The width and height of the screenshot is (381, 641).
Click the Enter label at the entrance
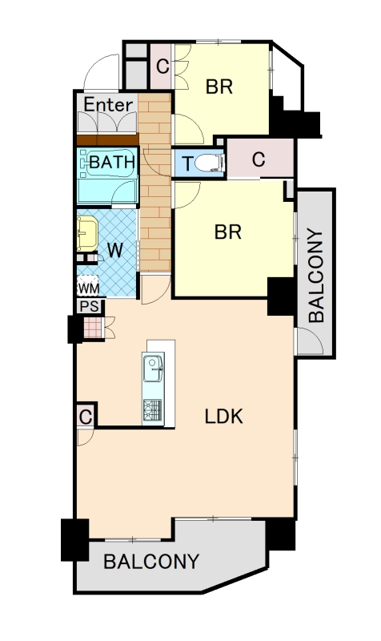tap(108, 105)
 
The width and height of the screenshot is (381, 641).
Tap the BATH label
tap(112, 163)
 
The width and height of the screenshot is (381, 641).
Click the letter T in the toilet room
tap(187, 164)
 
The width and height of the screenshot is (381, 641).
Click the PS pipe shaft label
tap(90, 306)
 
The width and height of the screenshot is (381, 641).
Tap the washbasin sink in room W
tap(87, 233)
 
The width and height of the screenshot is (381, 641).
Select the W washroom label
tap(114, 250)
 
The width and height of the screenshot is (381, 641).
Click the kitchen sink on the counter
tap(153, 369)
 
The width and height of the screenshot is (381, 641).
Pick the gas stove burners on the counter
tap(153, 411)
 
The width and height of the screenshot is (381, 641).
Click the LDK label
tap(224, 417)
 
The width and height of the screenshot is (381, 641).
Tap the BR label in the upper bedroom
tap(219, 87)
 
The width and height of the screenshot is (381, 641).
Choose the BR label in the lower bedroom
tap(228, 232)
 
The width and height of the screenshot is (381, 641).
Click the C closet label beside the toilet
tap(259, 159)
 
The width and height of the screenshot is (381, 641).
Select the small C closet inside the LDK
tap(86, 417)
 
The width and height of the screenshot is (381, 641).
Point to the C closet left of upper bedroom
tap(162, 66)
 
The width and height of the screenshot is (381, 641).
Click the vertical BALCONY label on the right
tap(316, 276)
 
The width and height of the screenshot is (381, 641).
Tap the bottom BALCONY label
tap(151, 562)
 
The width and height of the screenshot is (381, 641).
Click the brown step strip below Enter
tap(108, 140)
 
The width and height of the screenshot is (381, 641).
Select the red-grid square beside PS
tap(93, 328)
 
